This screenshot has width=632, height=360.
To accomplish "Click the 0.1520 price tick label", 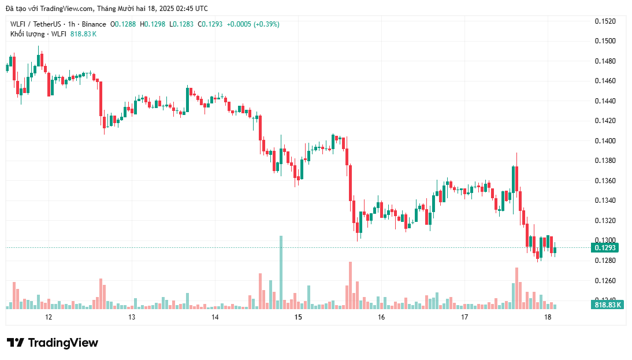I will point(605,21).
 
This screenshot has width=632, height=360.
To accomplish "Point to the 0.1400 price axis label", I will point(605,141).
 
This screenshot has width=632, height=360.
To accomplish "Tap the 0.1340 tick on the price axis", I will point(605,201).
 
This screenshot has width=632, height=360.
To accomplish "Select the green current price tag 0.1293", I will point(605,248).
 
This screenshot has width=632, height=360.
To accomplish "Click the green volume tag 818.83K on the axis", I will point(607,305).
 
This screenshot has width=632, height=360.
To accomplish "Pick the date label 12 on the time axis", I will point(49,317).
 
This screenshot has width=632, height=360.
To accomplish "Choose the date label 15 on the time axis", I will point(298,317).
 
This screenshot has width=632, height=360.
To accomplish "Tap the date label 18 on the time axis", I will point(548,317).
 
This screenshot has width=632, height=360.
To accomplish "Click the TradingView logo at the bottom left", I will point(53,343).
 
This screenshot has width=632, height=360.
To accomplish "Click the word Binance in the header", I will point(94,24).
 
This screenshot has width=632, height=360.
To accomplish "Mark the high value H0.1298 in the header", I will point(154,24).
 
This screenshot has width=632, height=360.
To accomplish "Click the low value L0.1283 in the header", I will point(181,24).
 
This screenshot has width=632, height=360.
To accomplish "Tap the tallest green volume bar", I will point(281,272).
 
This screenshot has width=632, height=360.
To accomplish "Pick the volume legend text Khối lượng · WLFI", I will point(38,34).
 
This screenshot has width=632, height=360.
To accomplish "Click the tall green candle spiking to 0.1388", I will point(514,179).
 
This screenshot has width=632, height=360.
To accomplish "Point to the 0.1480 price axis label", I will point(605,61).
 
